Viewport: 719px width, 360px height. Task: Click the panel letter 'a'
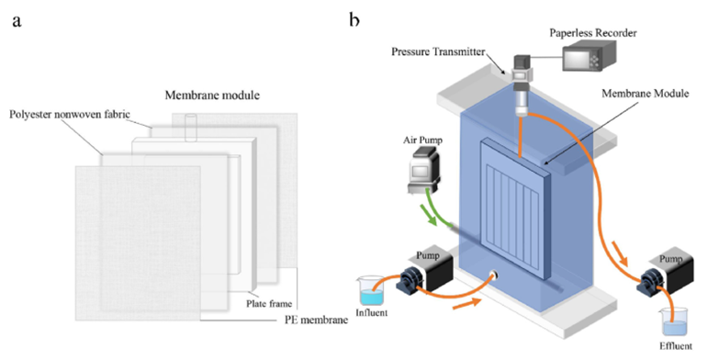pos(17,21)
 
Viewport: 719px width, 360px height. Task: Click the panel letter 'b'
pos(354,19)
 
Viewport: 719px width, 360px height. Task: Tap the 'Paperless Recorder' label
pos(593,33)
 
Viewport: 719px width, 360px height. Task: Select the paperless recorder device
pos(589,55)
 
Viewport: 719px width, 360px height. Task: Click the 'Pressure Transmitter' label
pos(438,51)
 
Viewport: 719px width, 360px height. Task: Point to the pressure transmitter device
pos(522,84)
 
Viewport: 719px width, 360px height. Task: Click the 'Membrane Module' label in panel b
pos(646,94)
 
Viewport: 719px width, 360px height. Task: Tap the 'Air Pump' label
pos(423,140)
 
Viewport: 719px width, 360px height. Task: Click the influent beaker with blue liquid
pos(371,290)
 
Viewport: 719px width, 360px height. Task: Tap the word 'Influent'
pos(371,313)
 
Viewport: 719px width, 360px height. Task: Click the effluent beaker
pos(674,322)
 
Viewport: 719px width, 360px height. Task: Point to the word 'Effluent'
pos(676,346)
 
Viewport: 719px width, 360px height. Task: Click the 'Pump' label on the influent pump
pos(427,255)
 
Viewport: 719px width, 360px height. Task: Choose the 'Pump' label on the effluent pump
pos(670,259)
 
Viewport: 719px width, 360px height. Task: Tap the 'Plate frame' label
pos(269,304)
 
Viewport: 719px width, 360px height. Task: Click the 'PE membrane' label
pos(317,321)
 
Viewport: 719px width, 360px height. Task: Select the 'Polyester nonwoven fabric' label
pos(70,114)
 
